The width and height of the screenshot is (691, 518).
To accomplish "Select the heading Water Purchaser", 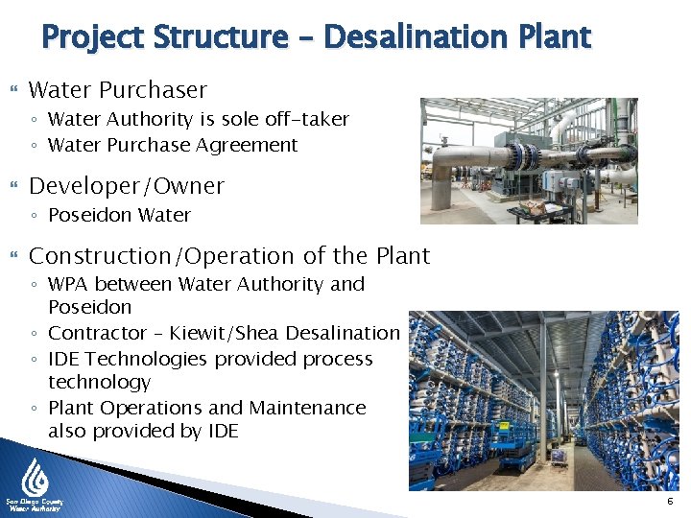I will pos(117,90).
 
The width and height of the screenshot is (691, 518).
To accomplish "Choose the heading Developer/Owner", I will pos(126,186).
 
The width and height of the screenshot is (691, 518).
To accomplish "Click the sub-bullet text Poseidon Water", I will pos(119,215).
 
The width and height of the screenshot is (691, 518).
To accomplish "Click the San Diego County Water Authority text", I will pos(34,506).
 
